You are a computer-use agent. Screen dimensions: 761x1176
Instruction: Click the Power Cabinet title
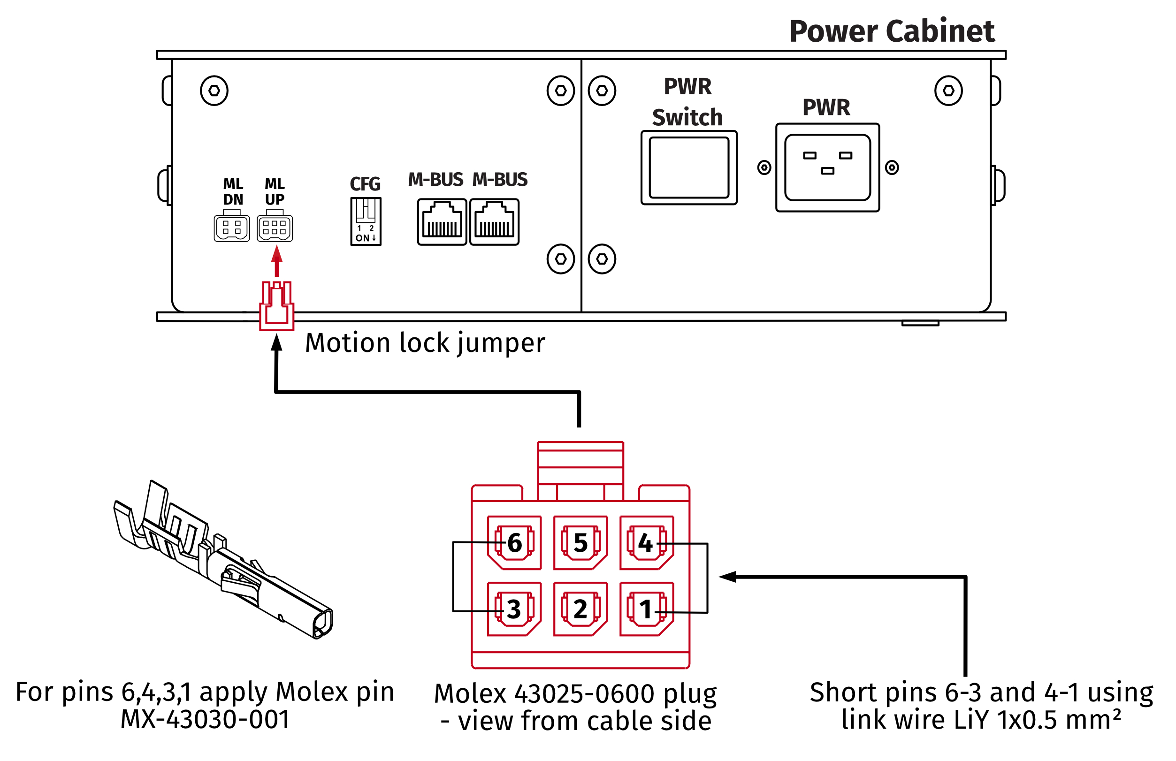892,31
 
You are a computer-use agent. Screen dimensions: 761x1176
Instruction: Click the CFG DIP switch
366,221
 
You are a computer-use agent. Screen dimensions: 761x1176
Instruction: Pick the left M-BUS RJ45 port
442,222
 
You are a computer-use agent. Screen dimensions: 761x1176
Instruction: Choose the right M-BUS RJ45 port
494,222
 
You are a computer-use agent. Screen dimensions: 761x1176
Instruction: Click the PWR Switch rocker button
689,167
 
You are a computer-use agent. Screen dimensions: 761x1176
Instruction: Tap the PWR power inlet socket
827,167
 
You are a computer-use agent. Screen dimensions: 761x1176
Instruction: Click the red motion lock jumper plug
277,306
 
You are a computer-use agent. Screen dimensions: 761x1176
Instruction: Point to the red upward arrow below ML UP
277,261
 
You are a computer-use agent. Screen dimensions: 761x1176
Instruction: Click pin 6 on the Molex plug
514,542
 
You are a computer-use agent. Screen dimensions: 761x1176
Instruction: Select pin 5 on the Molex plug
580,542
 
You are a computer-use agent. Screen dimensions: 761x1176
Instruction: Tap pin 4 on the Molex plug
646,542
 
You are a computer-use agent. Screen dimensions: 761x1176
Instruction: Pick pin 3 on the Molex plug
514,609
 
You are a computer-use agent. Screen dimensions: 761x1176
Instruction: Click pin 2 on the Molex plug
580,609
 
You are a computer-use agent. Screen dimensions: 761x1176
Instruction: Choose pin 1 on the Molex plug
646,609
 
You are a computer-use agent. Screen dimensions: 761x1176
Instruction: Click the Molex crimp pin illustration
222,561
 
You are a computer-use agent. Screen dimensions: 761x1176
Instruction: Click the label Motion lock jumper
425,343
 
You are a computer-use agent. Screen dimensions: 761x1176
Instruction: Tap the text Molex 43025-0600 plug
575,693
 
